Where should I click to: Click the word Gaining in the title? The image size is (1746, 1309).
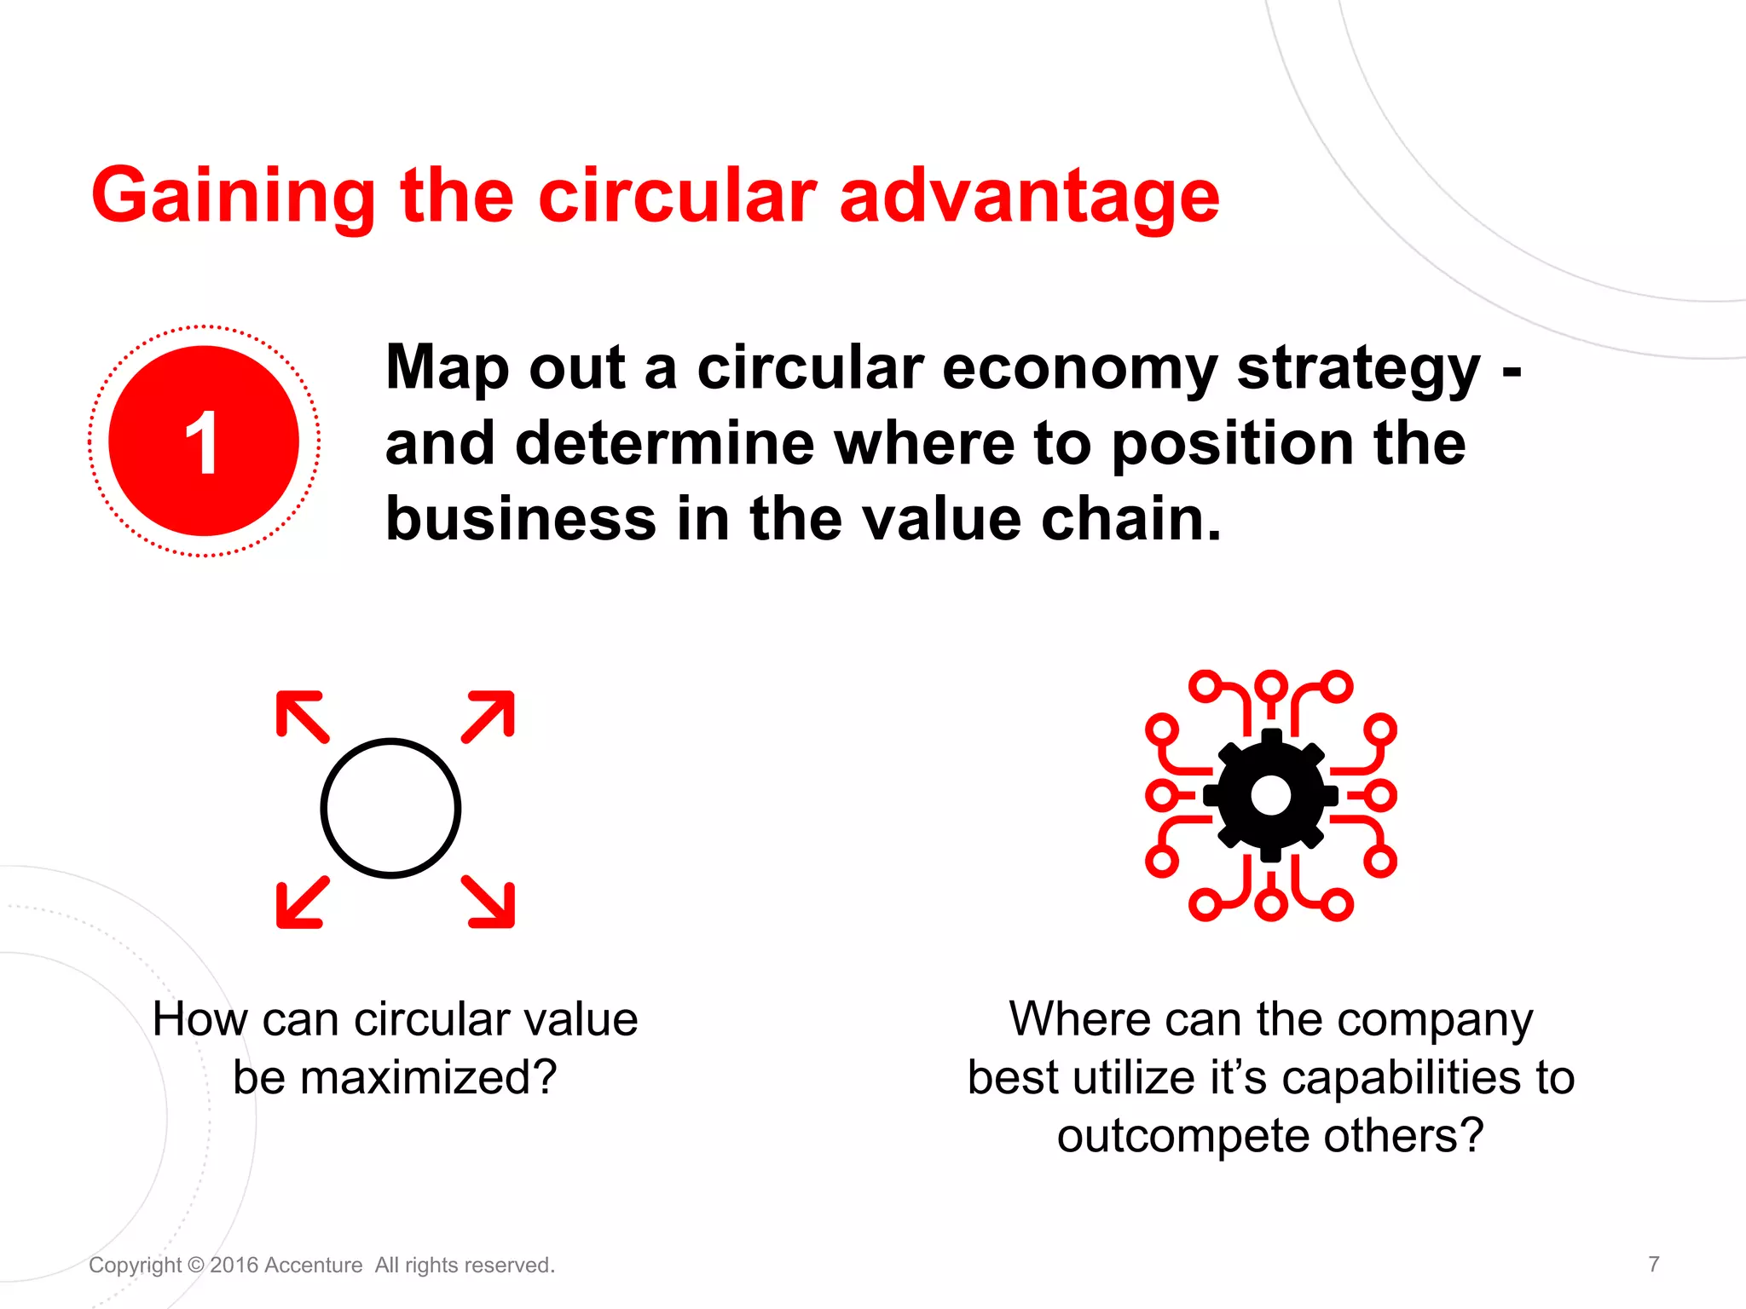233,198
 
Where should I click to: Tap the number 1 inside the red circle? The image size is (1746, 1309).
203,441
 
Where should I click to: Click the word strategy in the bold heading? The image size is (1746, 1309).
1359,370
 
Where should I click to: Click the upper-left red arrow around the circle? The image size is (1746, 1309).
300,715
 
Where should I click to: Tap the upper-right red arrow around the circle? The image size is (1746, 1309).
490,715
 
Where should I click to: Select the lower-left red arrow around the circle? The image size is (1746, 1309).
300,903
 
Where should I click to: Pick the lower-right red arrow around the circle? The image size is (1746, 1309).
490,903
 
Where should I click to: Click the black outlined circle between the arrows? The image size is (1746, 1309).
390,808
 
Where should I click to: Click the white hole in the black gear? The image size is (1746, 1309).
1270,795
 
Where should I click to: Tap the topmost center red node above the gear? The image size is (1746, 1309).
1270,684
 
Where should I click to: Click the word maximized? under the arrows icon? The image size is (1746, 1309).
429,1078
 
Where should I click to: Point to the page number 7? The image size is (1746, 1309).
1653,1264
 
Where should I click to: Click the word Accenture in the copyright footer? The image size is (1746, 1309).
313,1266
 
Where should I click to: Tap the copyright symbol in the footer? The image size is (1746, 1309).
195,1266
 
